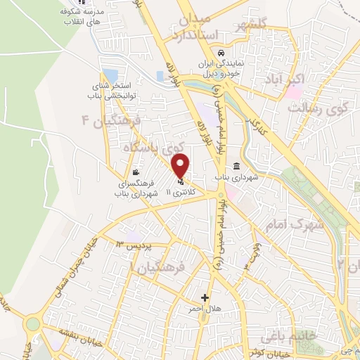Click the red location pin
click(181, 166)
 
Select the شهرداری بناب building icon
click(235, 167)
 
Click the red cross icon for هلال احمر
click(205, 297)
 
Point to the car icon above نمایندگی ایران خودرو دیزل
click(221, 53)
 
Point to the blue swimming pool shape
click(110, 75)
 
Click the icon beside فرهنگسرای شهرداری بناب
click(134, 172)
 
